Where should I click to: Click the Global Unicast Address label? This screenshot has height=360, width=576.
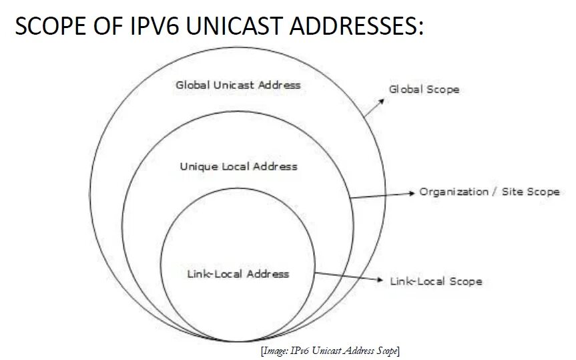[x=238, y=85]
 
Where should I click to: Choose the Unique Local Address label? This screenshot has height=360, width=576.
[x=238, y=166]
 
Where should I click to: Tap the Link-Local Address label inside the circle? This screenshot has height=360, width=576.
[x=238, y=274]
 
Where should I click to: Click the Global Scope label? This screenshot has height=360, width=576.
[x=424, y=89]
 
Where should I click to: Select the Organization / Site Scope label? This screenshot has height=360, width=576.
[x=489, y=192]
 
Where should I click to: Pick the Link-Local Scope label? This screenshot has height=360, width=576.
[x=435, y=281]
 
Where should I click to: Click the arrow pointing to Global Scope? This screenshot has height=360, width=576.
[x=374, y=108]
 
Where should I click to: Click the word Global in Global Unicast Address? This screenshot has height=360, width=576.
[x=192, y=85]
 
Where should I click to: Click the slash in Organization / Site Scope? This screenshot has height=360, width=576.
[x=494, y=192]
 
